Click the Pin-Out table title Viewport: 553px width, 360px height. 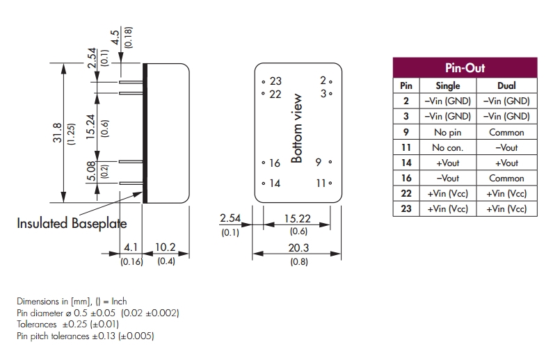465,68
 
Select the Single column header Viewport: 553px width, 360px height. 447,86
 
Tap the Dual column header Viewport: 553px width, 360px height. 506,86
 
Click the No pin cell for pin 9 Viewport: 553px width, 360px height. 447,132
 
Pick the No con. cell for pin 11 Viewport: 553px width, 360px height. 447,147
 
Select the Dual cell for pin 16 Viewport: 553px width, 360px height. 506,178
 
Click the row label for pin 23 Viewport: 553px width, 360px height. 406,208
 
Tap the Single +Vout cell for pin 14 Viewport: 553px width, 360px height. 447,163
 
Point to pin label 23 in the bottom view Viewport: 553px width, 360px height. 275,81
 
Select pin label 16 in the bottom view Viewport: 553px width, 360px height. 274,163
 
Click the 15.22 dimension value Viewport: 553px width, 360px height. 297,219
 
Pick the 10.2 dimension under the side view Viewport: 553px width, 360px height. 166,247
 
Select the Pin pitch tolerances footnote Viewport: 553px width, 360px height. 85,336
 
